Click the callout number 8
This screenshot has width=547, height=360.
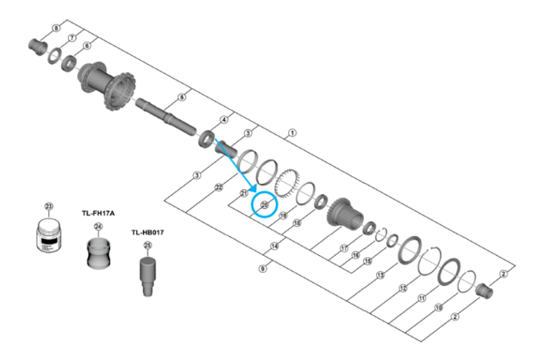coord(56,29)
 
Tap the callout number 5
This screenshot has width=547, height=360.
coord(182,98)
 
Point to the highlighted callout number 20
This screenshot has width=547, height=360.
coord(264,205)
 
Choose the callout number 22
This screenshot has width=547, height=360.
coord(218,188)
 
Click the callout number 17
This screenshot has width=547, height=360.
coord(343,248)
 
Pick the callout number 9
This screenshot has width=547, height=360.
coord(262,269)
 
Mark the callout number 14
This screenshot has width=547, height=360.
coord(275,246)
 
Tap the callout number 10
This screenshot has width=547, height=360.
coord(439,307)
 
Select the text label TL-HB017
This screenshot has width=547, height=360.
coord(148,232)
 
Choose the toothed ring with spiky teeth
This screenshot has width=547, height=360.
coord(286,181)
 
